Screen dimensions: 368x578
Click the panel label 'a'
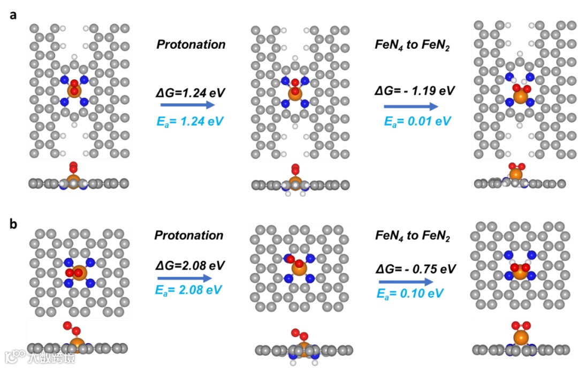(x=13, y=15)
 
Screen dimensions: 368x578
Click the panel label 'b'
(x=14, y=223)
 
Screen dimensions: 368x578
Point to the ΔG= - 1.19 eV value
(x=415, y=90)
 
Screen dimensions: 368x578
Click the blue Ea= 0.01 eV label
(x=414, y=120)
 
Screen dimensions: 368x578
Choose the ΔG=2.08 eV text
(x=188, y=265)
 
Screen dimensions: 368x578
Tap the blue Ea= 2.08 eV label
(x=188, y=290)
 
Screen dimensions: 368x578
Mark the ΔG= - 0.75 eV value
(x=415, y=269)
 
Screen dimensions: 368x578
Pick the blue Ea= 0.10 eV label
(x=414, y=294)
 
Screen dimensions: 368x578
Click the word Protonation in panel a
(x=191, y=44)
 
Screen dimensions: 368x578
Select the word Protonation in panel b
(x=188, y=235)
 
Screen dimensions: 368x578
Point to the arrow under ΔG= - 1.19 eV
(x=410, y=106)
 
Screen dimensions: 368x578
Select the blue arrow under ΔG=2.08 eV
(x=181, y=278)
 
